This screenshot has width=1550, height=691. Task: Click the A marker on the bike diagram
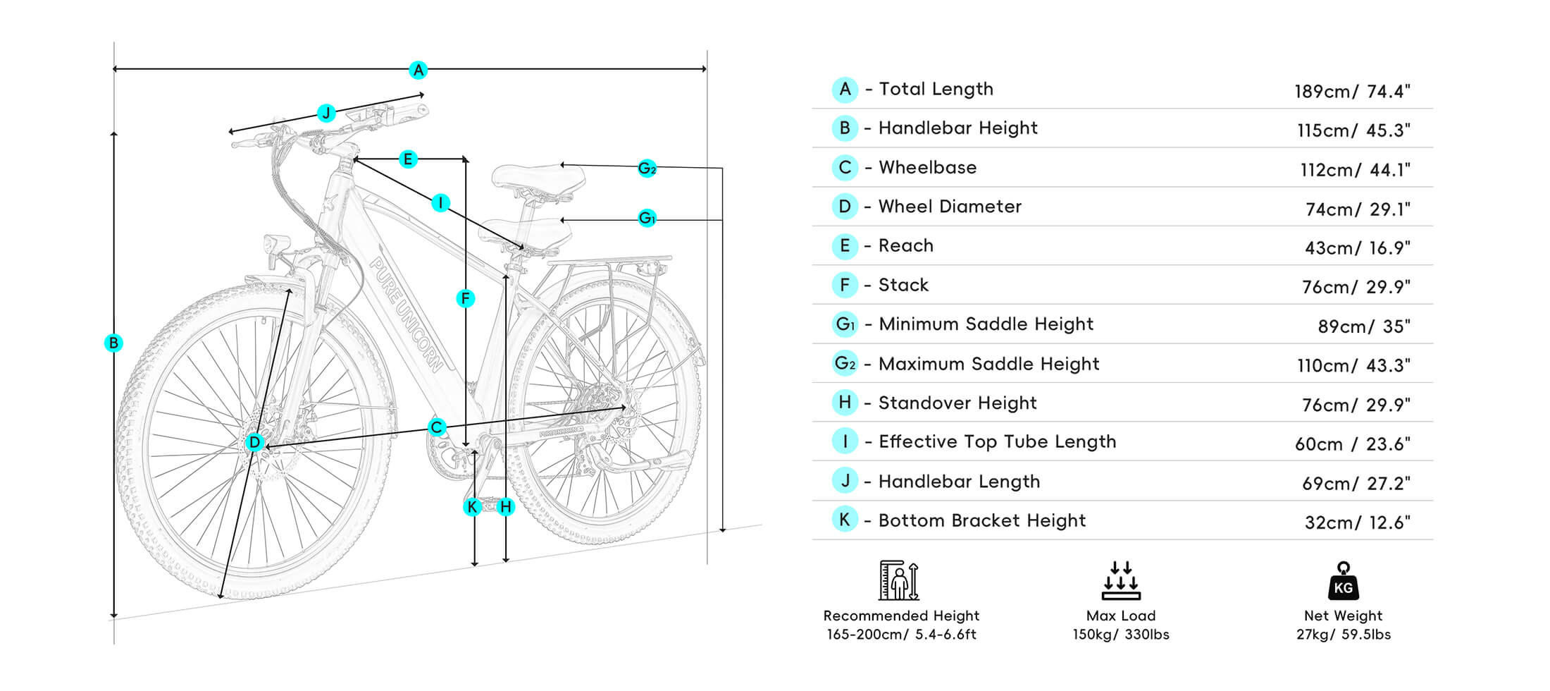pyautogui.click(x=418, y=70)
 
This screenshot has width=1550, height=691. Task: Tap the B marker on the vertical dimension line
pyautogui.click(x=113, y=343)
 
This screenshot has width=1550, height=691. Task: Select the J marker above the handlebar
pyautogui.click(x=325, y=113)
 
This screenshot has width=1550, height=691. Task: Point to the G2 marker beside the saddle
pyautogui.click(x=647, y=169)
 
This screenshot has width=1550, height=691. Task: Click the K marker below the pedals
pyautogui.click(x=473, y=506)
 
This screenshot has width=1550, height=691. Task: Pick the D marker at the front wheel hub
pyautogui.click(x=254, y=442)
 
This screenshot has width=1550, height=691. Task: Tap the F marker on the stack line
pyautogui.click(x=465, y=299)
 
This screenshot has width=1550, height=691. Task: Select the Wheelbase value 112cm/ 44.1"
pyautogui.click(x=1355, y=170)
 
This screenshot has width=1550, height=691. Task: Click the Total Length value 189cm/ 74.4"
pyautogui.click(x=1352, y=92)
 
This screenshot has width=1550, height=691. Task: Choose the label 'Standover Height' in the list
pyautogui.click(x=957, y=403)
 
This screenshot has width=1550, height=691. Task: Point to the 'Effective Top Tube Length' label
pyautogui.click(x=997, y=441)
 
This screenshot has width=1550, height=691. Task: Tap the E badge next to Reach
pyautogui.click(x=845, y=246)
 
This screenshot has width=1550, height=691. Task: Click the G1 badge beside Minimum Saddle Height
pyautogui.click(x=845, y=324)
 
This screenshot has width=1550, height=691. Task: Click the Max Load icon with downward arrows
pyautogui.click(x=1120, y=580)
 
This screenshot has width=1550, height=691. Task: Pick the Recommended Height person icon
pyautogui.click(x=899, y=580)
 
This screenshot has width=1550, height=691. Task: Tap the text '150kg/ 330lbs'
pyautogui.click(x=1120, y=635)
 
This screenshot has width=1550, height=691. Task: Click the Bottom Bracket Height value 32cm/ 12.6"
pyautogui.click(x=1357, y=522)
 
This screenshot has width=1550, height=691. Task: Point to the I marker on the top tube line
pyautogui.click(x=440, y=203)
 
